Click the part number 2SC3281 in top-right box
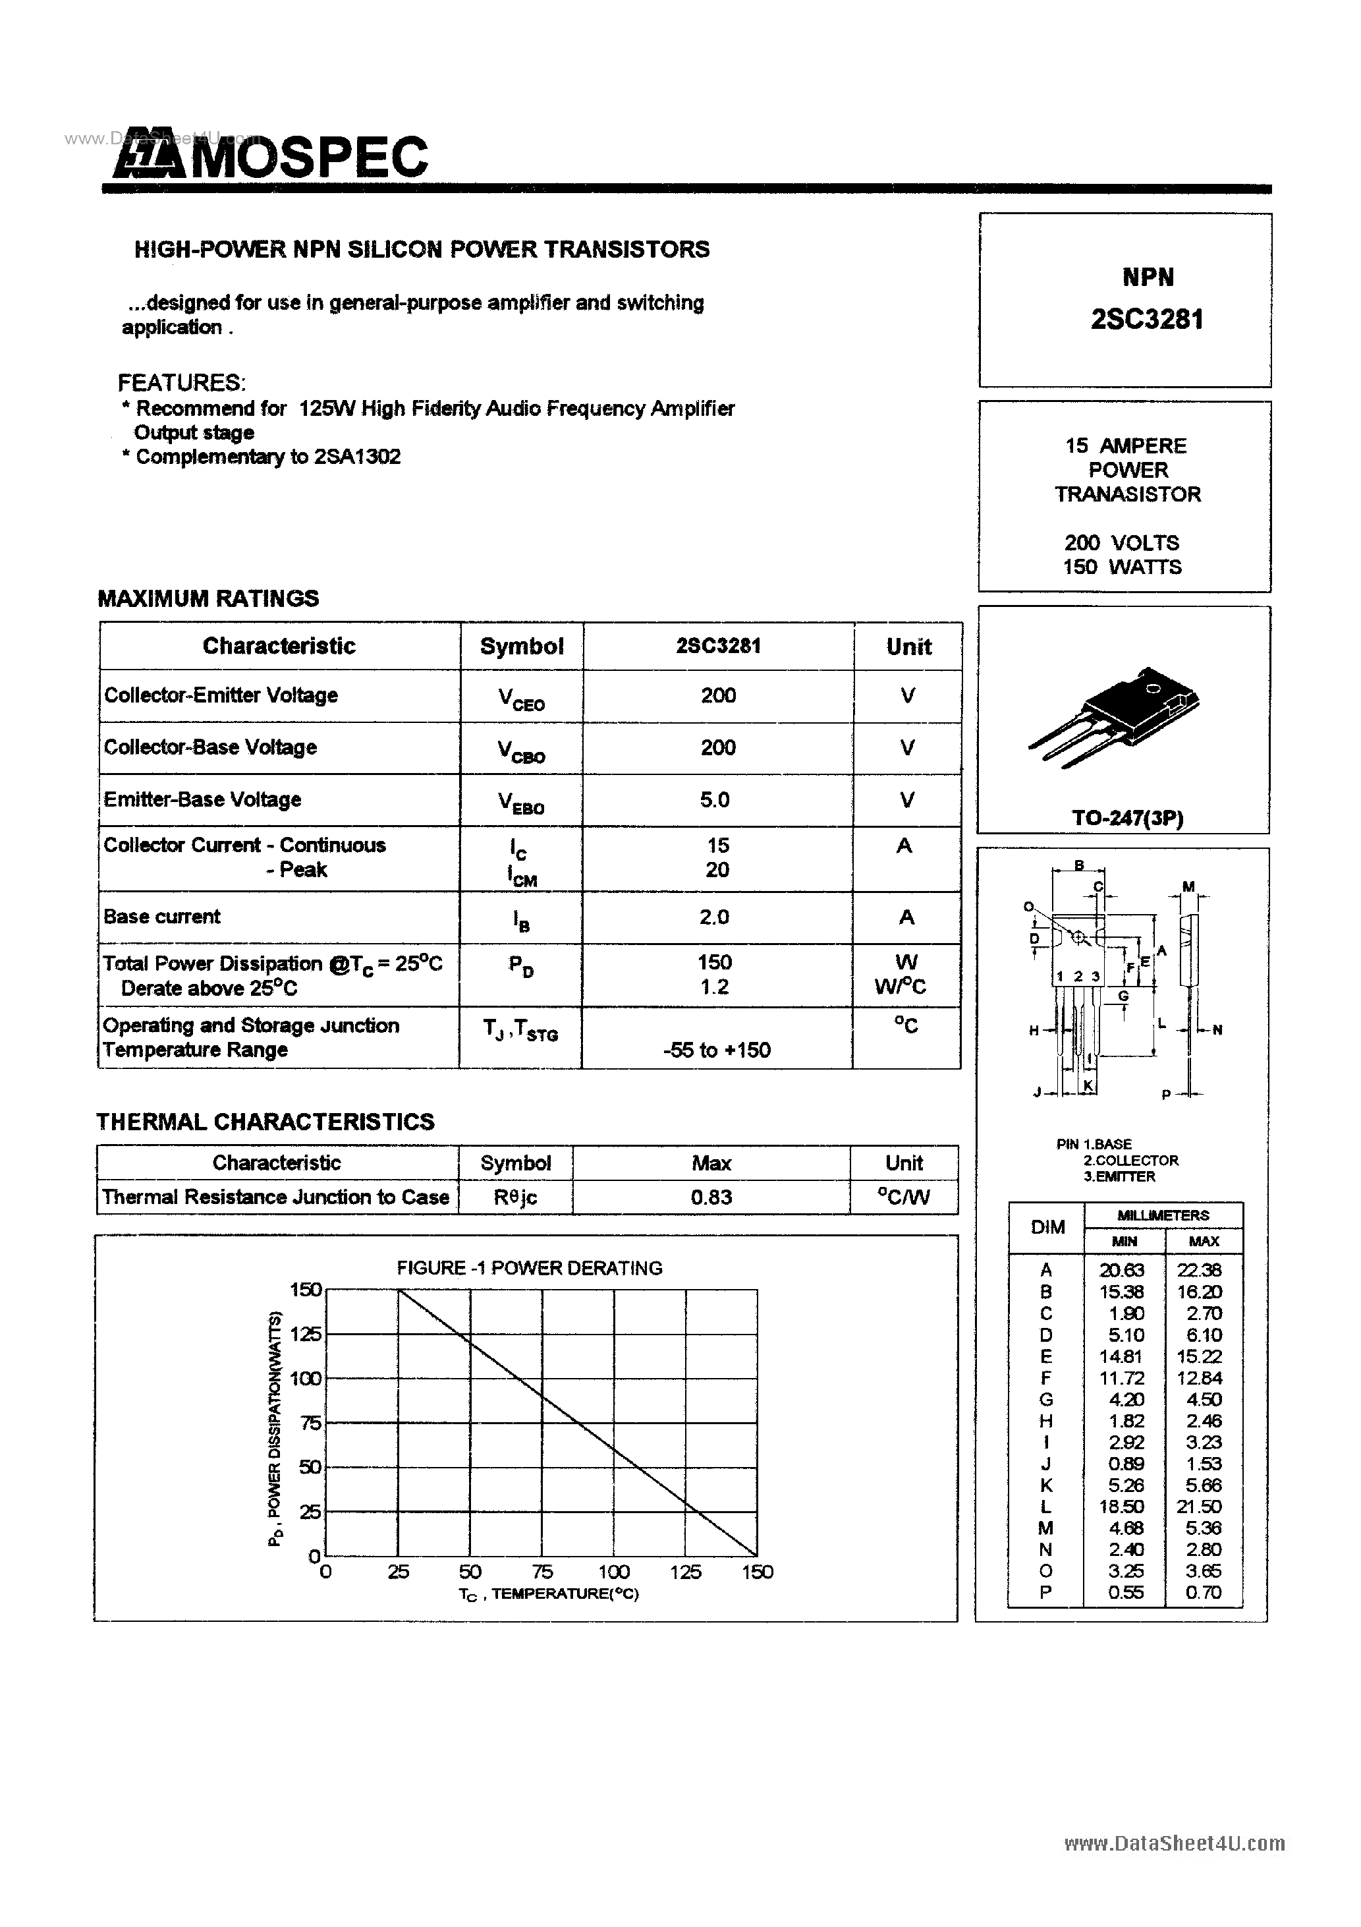tap(1147, 320)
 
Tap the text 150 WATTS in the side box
tap(1122, 567)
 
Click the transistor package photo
tap(1115, 715)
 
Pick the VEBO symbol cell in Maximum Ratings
tap(521, 802)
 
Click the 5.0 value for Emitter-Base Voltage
tap(715, 800)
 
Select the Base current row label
tap(162, 917)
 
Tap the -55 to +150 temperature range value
tap(717, 1050)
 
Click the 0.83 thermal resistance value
tap(711, 1197)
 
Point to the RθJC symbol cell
tap(515, 1197)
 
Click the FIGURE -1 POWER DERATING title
tap(530, 1267)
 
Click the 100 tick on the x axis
tap(613, 1572)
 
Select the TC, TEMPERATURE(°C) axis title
tap(549, 1593)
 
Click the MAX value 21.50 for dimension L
tap(1199, 1507)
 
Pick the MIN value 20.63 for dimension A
tap(1122, 1271)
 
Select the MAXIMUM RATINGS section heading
tap(208, 598)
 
